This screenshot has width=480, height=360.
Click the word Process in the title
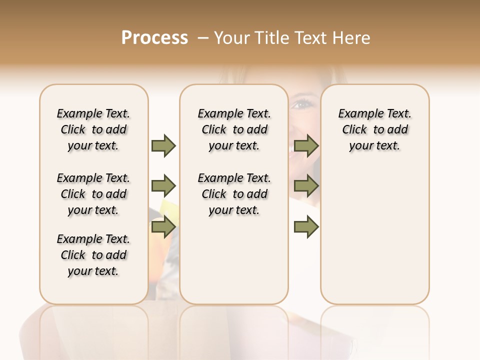[154, 37]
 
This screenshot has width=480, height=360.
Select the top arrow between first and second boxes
[163, 145]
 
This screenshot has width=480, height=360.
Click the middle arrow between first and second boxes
[163, 186]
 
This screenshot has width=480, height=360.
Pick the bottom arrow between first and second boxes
[163, 227]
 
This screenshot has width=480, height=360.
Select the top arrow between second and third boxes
[306, 145]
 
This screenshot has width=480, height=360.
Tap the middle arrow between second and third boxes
[306, 186]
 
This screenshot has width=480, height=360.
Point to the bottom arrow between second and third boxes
[306, 227]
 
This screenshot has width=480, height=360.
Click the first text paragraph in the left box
[93, 129]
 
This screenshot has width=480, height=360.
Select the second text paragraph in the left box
[93, 194]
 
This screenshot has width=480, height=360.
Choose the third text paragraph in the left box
[93, 255]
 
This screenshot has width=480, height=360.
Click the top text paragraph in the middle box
[234, 129]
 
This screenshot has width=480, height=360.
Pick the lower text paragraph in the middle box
[234, 194]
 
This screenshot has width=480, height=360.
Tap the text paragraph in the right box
[375, 129]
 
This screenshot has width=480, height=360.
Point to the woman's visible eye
[301, 104]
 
